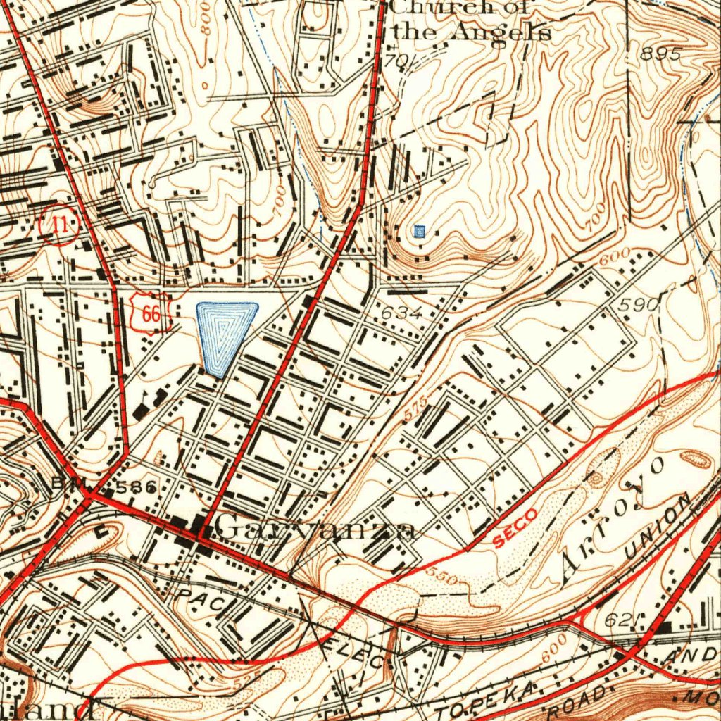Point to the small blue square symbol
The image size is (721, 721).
(x=420, y=230)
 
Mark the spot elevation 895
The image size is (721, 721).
(x=662, y=54)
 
